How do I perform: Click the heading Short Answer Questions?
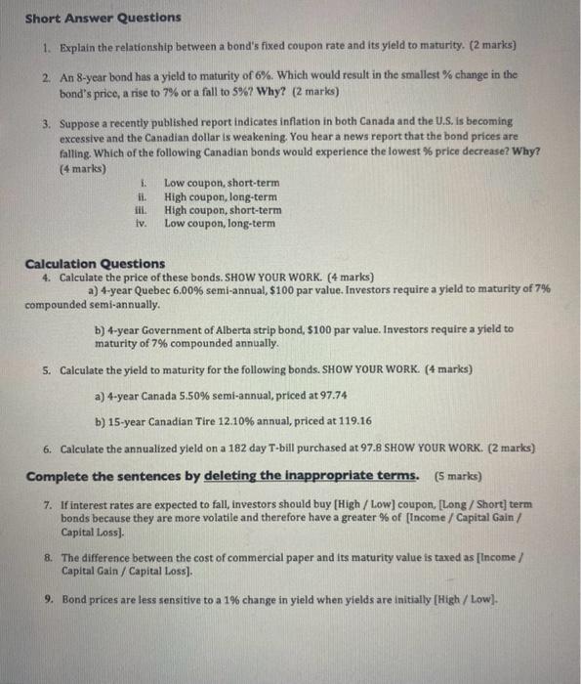(103, 18)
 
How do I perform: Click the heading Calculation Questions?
(95, 263)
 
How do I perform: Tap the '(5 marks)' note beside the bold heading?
(455, 476)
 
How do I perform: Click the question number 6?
(48, 449)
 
